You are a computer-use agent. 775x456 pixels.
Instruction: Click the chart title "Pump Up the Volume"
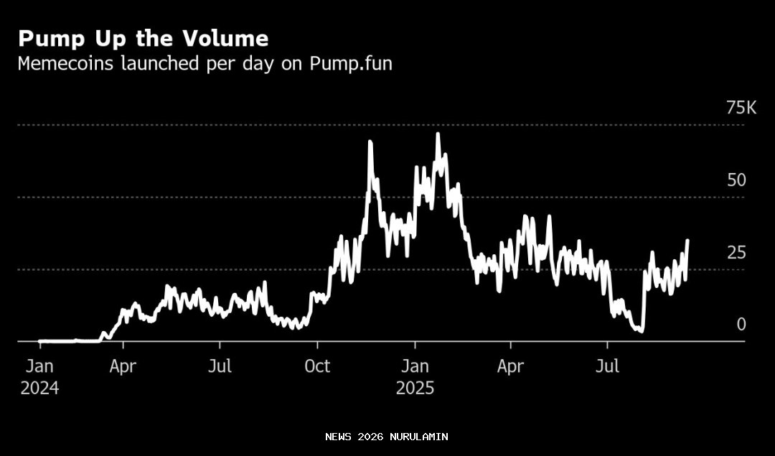pyautogui.click(x=143, y=39)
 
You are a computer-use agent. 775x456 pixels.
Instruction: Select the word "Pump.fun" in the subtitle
pyautogui.click(x=351, y=63)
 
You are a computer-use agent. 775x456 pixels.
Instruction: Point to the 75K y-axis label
pyautogui.click(x=741, y=108)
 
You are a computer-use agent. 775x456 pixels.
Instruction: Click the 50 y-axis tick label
pyautogui.click(x=736, y=180)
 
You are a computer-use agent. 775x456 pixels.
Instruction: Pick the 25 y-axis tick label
pyautogui.click(x=736, y=253)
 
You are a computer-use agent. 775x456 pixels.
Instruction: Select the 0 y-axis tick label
pyautogui.click(x=741, y=325)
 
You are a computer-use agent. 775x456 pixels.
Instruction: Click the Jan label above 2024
pyautogui.click(x=39, y=366)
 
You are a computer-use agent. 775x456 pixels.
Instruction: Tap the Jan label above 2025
pyautogui.click(x=415, y=366)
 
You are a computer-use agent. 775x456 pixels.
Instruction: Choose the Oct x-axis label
pyautogui.click(x=317, y=366)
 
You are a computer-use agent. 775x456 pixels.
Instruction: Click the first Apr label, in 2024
pyautogui.click(x=123, y=366)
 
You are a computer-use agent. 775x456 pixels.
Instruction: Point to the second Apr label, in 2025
pyautogui.click(x=510, y=366)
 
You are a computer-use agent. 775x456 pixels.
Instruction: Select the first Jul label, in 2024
pyautogui.click(x=220, y=366)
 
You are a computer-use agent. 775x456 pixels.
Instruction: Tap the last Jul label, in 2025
pyautogui.click(x=608, y=366)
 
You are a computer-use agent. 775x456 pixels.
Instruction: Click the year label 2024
pyautogui.click(x=39, y=388)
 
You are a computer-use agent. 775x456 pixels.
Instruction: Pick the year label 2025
pyautogui.click(x=415, y=388)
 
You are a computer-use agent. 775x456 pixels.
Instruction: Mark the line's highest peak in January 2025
pyautogui.click(x=438, y=134)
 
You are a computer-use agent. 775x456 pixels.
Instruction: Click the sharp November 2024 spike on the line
pyautogui.click(x=370, y=142)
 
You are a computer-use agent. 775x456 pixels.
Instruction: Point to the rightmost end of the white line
pyautogui.click(x=687, y=241)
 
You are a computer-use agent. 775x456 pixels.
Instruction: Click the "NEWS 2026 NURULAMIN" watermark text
pyautogui.click(x=386, y=437)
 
